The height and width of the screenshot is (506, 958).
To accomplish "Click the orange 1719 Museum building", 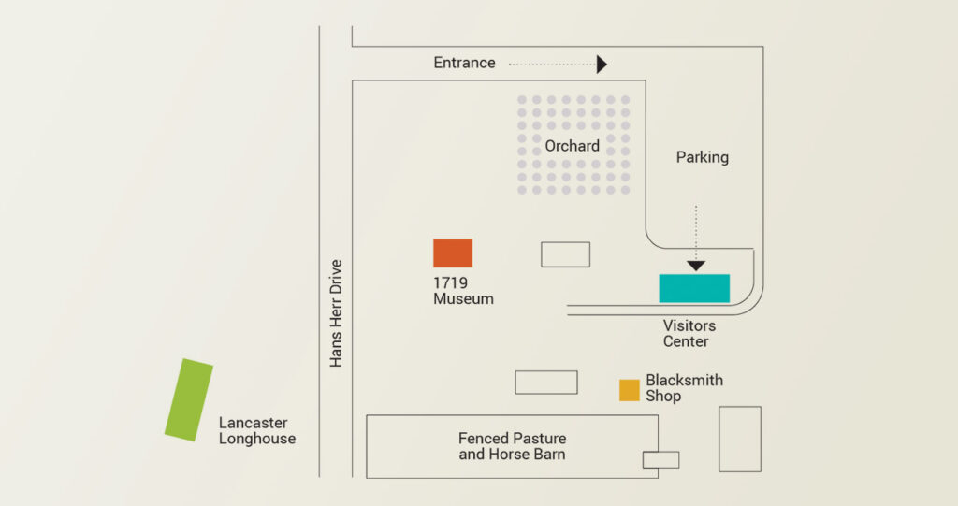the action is [453, 253].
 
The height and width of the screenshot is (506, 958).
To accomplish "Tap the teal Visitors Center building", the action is [694, 288].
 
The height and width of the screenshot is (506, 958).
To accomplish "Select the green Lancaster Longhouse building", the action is [189, 399].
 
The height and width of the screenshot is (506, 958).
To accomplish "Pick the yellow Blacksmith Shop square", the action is [630, 391].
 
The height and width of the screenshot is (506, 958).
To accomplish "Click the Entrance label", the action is [464, 63].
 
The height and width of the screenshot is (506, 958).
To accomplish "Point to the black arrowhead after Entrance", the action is [602, 65].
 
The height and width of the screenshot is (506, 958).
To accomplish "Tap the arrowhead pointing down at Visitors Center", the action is [696, 266].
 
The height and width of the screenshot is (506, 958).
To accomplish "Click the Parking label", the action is [702, 158].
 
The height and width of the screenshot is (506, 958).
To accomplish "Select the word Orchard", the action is [572, 146].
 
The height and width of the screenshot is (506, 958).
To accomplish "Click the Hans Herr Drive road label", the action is [336, 313].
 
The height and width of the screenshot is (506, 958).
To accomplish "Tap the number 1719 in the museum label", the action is [450, 283].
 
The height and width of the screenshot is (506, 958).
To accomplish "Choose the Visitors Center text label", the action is [689, 334].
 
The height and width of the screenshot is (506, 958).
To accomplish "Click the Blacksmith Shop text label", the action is [684, 388].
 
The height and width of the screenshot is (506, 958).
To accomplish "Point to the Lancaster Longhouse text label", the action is [257, 431].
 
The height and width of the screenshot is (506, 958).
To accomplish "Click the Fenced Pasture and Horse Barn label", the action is [512, 446].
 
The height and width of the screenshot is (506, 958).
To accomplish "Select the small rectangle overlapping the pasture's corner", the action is [661, 459].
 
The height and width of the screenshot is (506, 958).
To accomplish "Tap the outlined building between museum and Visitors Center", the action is [566, 254].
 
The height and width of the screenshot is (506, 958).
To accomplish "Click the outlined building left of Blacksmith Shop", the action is [546, 383].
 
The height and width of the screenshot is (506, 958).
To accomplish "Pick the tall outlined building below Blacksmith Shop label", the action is [740, 440].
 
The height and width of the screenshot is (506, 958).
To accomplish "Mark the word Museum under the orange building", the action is [463, 299].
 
